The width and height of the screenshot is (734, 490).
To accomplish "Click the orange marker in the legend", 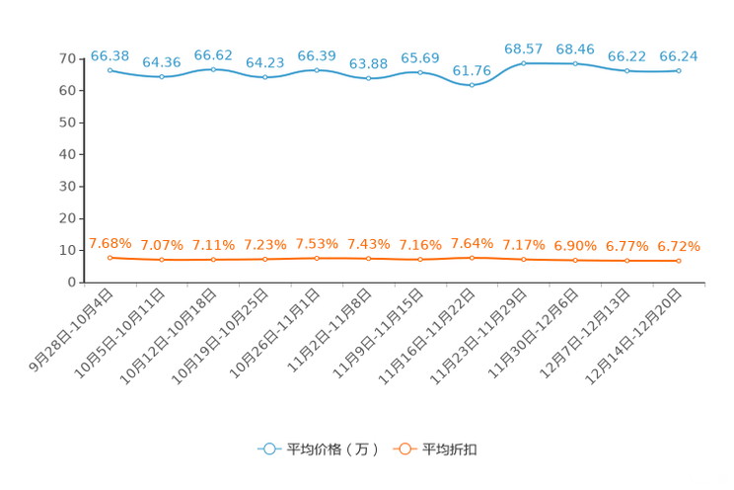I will tap(404, 449).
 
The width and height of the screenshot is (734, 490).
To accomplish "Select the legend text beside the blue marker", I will tap(332, 449).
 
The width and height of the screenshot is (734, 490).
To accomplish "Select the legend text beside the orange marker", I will tap(450, 449).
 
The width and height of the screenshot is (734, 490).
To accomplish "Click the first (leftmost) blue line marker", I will tap(110, 70).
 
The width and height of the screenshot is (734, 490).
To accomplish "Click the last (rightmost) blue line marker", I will tap(679, 70).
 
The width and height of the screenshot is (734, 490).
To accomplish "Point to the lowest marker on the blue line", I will tap(472, 85).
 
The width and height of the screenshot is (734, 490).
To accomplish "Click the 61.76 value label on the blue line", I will tap(472, 69).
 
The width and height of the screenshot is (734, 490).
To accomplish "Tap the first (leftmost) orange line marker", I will tap(110, 258).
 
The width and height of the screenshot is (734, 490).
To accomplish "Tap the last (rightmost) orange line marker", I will tap(679, 261).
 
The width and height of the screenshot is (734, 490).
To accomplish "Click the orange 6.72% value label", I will tap(679, 246).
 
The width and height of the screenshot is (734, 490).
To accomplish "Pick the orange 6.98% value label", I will tap(575, 245).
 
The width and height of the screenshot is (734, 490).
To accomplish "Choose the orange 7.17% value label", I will tap(523, 244).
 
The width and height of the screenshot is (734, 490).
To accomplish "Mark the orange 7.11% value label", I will tap(213, 244).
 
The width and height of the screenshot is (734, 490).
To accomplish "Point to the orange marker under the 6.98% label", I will tap(575, 260).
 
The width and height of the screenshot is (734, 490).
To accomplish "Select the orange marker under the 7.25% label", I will tap(264, 259).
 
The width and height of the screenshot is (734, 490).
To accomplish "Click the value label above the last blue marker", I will tap(679, 56).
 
